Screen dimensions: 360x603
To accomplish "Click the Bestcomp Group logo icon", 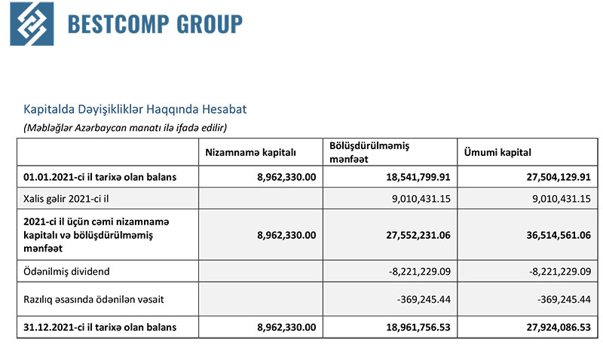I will [x=32, y=24].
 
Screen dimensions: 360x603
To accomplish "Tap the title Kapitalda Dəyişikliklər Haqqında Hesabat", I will [x=135, y=109].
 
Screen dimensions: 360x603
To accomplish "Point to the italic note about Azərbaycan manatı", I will [x=125, y=127].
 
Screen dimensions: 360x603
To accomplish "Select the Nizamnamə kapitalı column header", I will [x=250, y=152].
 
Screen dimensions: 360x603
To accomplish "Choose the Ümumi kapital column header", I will [x=497, y=152].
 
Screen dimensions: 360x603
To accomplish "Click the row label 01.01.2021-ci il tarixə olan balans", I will [x=100, y=177].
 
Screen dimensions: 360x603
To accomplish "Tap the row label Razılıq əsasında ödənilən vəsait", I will [x=94, y=300].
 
